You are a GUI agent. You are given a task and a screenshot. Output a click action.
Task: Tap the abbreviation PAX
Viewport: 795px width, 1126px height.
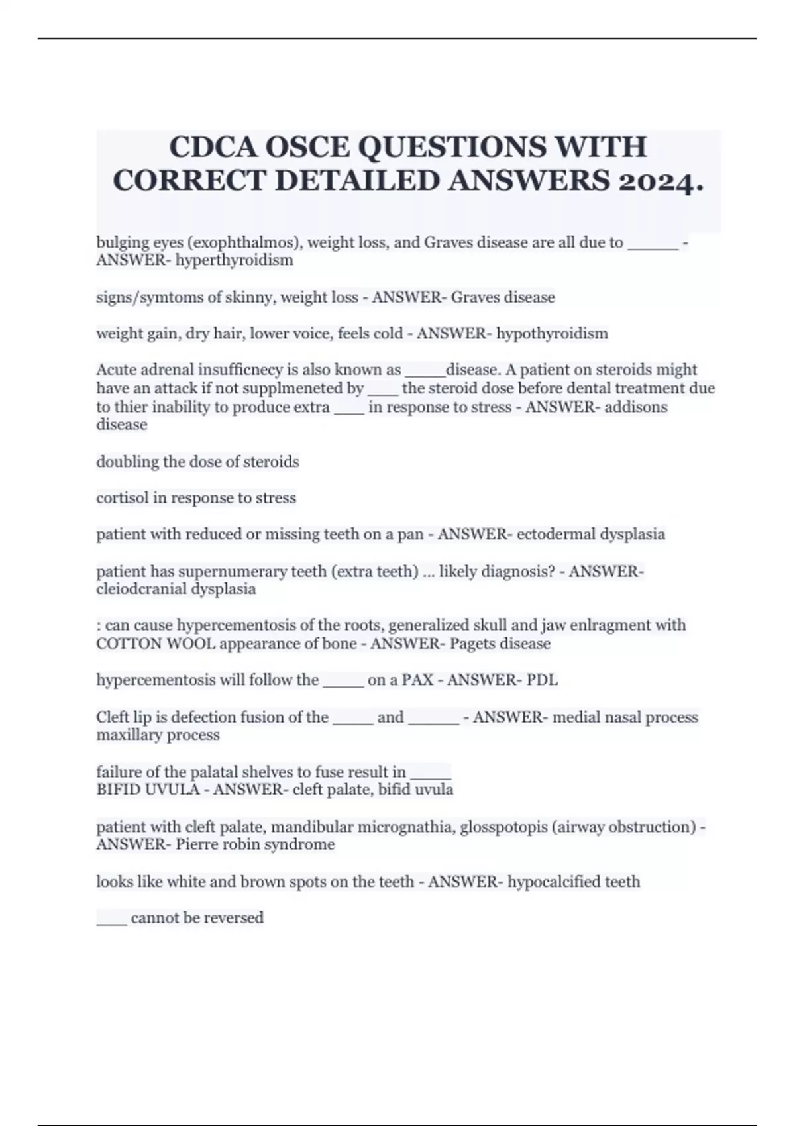point(417,680)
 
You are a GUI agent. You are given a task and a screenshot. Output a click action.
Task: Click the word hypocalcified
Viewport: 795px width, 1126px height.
point(551,882)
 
